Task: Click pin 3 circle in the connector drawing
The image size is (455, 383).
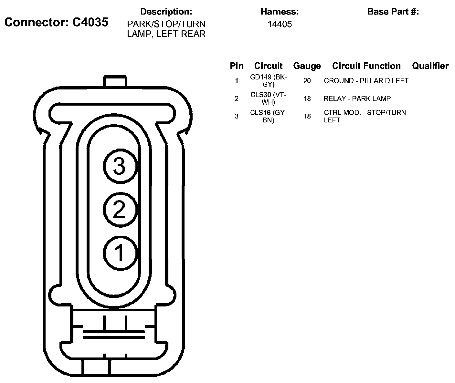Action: coord(120,167)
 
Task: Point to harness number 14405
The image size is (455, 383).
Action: coord(280,24)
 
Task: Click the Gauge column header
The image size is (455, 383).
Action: coord(307,66)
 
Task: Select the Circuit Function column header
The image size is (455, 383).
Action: coord(366,66)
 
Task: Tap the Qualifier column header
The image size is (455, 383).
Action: coord(430,66)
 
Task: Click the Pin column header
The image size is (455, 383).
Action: coord(237,66)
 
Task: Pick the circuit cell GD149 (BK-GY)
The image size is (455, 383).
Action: coord(269,81)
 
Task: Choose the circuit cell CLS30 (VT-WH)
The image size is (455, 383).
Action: coord(269,98)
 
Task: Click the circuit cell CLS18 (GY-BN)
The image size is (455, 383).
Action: coord(269,116)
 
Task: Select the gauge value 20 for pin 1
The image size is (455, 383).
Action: coord(307,81)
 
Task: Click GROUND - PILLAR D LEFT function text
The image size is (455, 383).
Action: coord(366,81)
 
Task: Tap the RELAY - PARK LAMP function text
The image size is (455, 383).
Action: coord(357,98)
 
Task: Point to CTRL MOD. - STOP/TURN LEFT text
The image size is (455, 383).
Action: coord(365,116)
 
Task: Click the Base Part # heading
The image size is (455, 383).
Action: coord(393,12)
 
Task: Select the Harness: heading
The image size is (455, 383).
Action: coord(280,12)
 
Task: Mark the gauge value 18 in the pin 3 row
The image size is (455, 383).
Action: coord(307,116)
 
